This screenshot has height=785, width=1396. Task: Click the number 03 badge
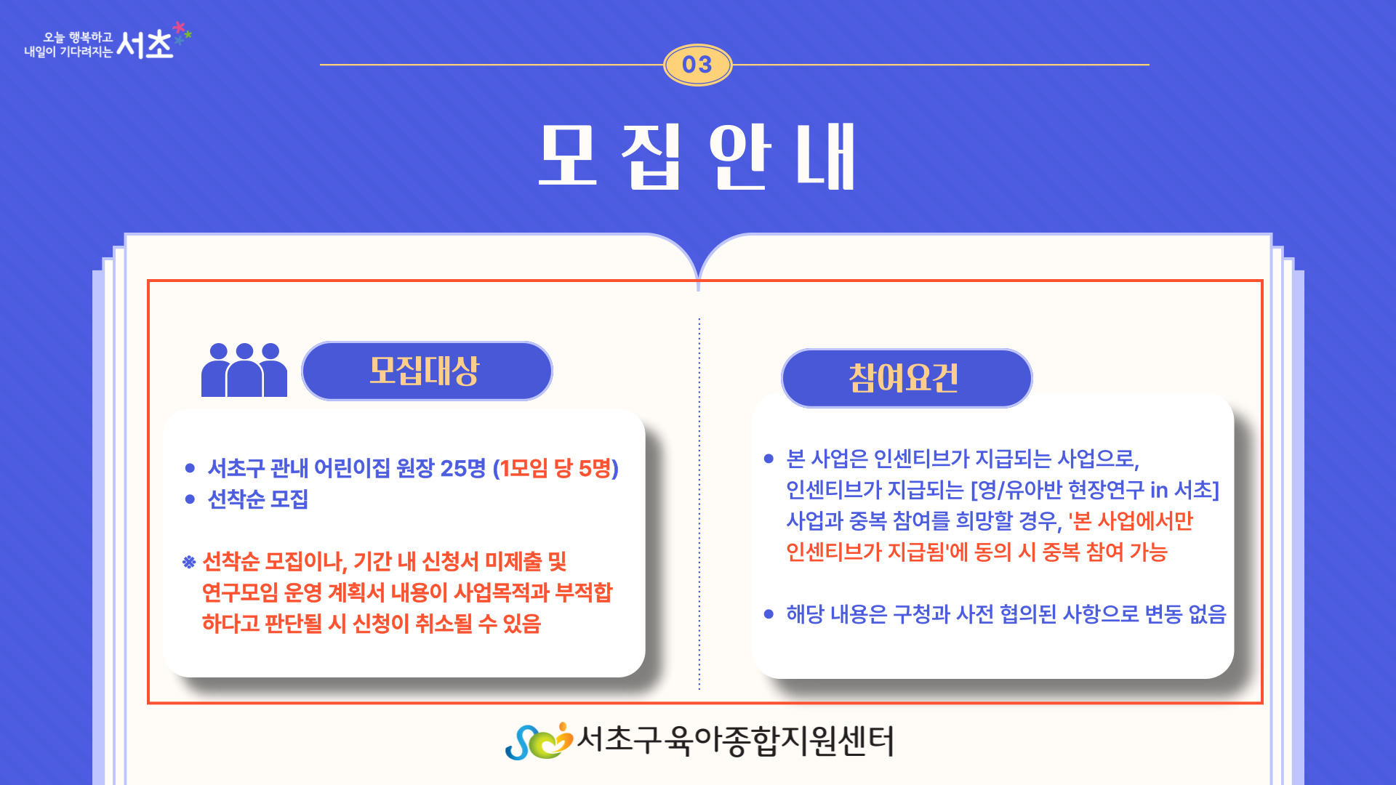tap(697, 65)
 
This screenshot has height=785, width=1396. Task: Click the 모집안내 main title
tap(697, 156)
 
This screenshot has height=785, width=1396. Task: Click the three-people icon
tap(244, 369)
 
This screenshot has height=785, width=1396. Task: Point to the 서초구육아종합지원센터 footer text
tap(735, 741)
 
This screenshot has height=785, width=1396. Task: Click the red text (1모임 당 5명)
tap(555, 468)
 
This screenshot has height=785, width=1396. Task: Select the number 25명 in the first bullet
tap(462, 468)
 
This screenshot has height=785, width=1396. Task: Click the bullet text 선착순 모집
tap(258, 499)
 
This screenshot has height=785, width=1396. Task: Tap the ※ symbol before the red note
tap(189, 562)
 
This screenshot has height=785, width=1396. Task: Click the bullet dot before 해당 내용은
tap(769, 614)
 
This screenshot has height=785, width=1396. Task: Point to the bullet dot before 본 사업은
tap(769, 459)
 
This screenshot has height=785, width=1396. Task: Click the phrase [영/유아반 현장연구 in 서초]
tap(1095, 490)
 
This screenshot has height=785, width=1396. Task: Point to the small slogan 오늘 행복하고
tap(78, 37)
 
